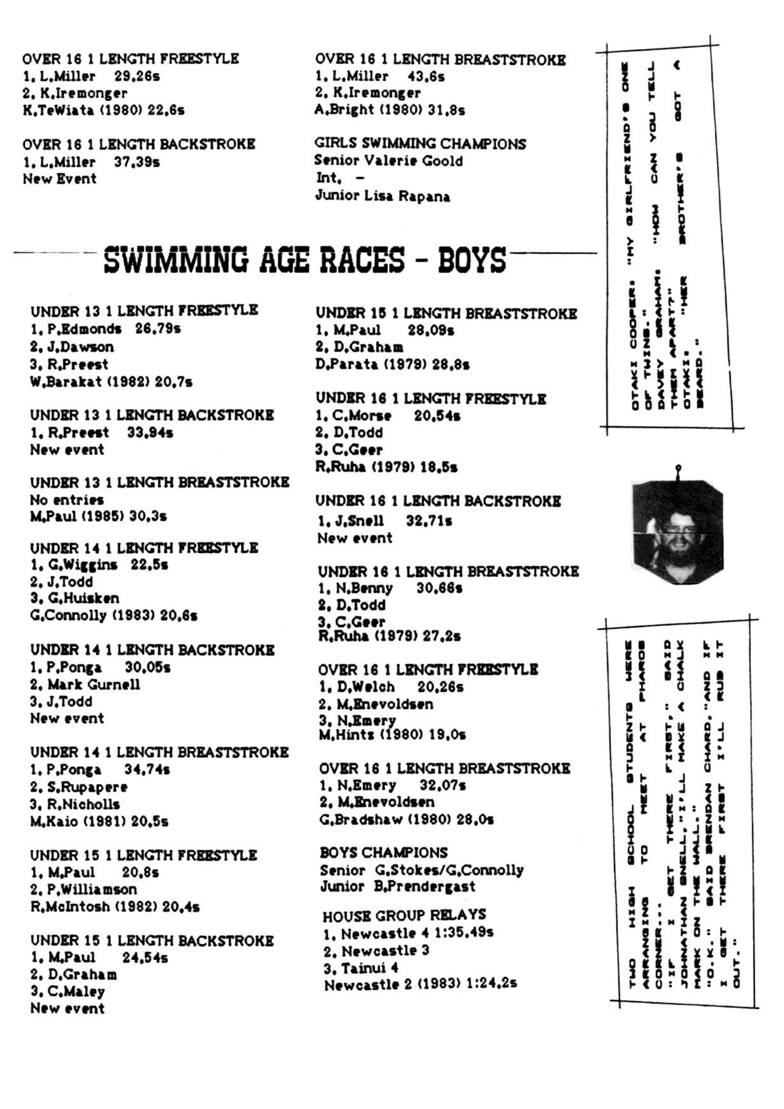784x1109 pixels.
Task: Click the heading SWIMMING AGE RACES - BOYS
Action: pyautogui.click(x=305, y=259)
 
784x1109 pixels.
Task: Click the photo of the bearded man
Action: pyautogui.click(x=677, y=532)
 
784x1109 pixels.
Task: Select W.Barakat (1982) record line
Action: pyautogui.click(x=111, y=382)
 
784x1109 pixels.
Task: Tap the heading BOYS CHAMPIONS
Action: pyautogui.click(x=383, y=853)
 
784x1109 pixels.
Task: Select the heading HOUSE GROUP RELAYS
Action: pyautogui.click(x=404, y=915)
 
